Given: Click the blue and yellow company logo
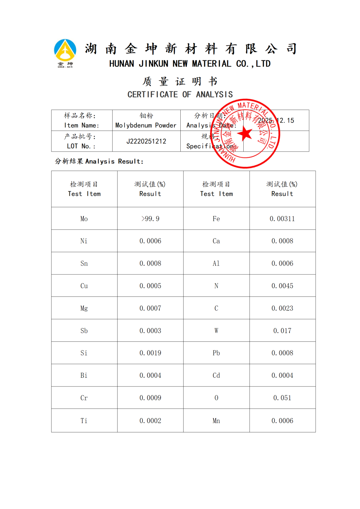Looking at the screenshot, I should click(65, 53).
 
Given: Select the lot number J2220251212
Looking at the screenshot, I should click(146, 141).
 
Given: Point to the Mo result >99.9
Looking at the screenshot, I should click(150, 219).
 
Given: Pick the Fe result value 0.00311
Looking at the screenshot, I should click(282, 219).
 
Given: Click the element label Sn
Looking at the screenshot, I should click(84, 263).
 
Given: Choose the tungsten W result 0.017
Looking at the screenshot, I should click(282, 331).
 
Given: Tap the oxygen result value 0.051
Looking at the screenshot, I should click(282, 398).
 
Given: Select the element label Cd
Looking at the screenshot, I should click(216, 375).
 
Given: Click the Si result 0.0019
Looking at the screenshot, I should click(150, 353).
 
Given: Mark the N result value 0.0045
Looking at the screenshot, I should click(282, 286).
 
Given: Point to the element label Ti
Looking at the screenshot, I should click(84, 421).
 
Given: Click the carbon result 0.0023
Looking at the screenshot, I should click(282, 308).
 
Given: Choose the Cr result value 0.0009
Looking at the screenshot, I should click(150, 398).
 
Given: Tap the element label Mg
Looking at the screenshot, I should click(84, 308).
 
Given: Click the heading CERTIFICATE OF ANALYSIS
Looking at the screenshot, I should click(180, 95).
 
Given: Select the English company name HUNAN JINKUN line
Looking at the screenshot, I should click(190, 64).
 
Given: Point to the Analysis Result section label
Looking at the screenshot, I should click(99, 161).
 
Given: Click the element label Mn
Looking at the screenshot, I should click(216, 421).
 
